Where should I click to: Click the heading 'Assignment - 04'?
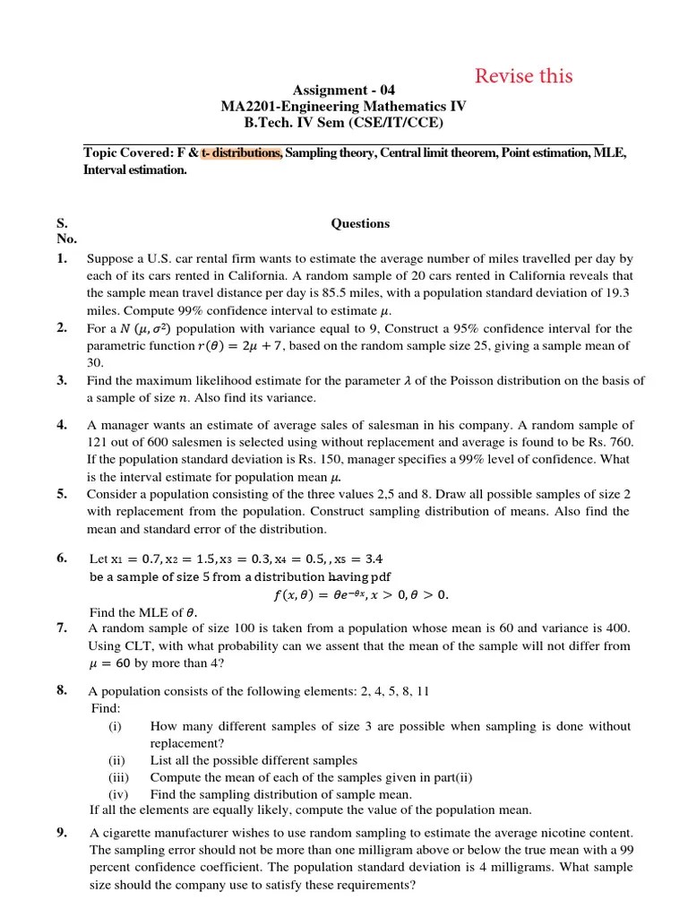pos(344,91)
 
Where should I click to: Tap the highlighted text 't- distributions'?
pos(242,153)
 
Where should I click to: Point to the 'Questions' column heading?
pos(360,223)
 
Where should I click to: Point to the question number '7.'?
pos(62,628)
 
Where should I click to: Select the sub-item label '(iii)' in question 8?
pos(118,777)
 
